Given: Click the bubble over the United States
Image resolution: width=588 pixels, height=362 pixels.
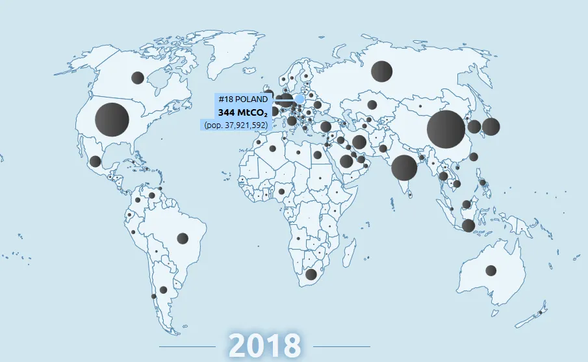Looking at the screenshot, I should point(112,120).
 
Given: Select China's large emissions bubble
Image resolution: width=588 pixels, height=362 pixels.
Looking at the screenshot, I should point(446,129).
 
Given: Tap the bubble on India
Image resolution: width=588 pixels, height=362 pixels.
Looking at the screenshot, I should point(403,168).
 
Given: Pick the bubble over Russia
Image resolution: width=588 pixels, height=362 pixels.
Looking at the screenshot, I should point(381,71).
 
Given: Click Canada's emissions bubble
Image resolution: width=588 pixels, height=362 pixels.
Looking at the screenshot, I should point(137,78).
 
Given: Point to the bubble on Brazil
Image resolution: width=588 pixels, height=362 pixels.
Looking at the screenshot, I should point(183,239).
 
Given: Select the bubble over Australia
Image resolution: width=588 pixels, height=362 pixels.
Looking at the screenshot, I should point(491,270).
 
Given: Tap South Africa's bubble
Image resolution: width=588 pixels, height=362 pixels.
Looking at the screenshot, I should point(311,274).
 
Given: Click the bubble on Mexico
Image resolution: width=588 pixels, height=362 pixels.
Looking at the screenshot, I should point(95,161).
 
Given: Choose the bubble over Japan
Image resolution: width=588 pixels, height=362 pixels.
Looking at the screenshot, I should point(491,126).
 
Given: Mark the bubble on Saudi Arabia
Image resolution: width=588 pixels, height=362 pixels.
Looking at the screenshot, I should point(346,161).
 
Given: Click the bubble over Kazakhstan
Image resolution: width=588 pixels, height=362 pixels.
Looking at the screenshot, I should point(372,104).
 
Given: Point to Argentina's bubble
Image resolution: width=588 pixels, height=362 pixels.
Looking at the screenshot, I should point(163,290).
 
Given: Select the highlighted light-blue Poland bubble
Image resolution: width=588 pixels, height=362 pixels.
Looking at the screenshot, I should point(300,99).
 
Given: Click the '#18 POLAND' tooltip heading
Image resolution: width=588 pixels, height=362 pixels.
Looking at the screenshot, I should point(242,99).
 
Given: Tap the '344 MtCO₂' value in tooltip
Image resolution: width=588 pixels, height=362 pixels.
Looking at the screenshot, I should point(242,112).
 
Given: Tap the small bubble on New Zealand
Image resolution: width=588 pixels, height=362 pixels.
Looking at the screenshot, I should point(540,313).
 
